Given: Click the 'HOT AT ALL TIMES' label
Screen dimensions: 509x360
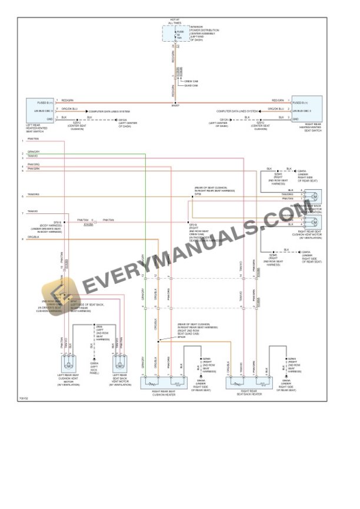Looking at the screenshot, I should coord(175,21).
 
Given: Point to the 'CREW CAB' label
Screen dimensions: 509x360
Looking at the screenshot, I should coord(191,81).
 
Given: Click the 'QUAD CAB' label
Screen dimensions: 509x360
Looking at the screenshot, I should coord(191,86).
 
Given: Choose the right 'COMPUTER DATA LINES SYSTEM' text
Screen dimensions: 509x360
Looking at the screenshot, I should coord(236,110).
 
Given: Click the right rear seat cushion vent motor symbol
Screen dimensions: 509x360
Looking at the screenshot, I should coord(315,222).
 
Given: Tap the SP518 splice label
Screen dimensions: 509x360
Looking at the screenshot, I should coord(58,222).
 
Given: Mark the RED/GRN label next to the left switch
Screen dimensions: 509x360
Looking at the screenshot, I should coord(67,100).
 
